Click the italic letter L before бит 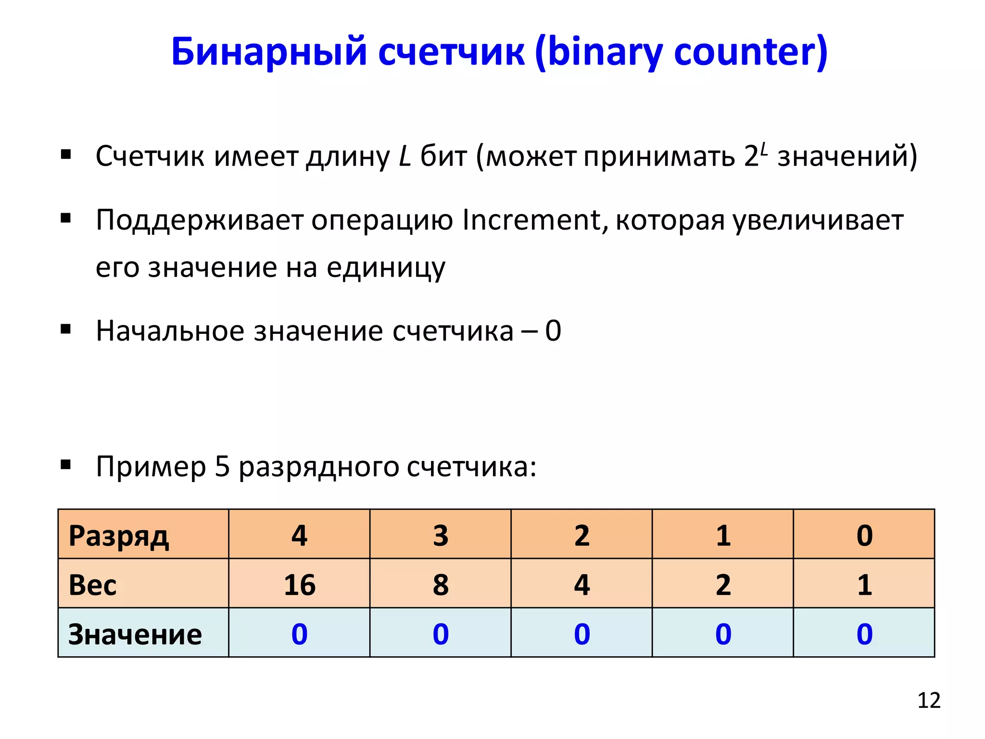pyautogui.click(x=405, y=156)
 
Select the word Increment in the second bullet pyautogui.click(x=531, y=220)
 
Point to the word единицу pyautogui.click(x=386, y=268)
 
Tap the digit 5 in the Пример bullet pyautogui.click(x=222, y=467)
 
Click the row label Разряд pyautogui.click(x=119, y=536)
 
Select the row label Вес pyautogui.click(x=92, y=585)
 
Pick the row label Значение pyautogui.click(x=135, y=634)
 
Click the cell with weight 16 pyautogui.click(x=299, y=585)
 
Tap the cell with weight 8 pyautogui.click(x=441, y=585)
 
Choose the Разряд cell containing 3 pyautogui.click(x=441, y=535)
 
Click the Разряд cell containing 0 pyautogui.click(x=864, y=535)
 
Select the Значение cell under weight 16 pyautogui.click(x=299, y=634)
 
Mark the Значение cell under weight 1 pyautogui.click(x=864, y=634)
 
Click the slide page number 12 pyautogui.click(x=929, y=701)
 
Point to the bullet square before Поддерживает pyautogui.click(x=66, y=219)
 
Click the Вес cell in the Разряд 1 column pyautogui.click(x=723, y=585)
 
